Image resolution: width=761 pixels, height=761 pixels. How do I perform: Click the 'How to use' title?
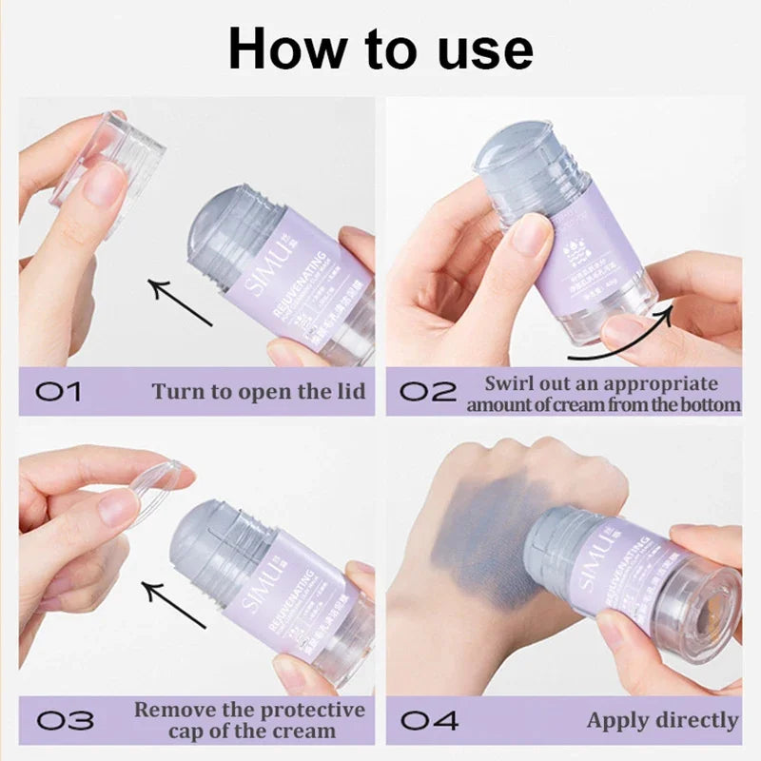click(380, 49)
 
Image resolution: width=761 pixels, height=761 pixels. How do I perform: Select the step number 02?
click(427, 392)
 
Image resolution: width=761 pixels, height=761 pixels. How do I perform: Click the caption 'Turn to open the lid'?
click(258, 392)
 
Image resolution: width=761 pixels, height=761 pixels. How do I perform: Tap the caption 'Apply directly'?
click(662, 720)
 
